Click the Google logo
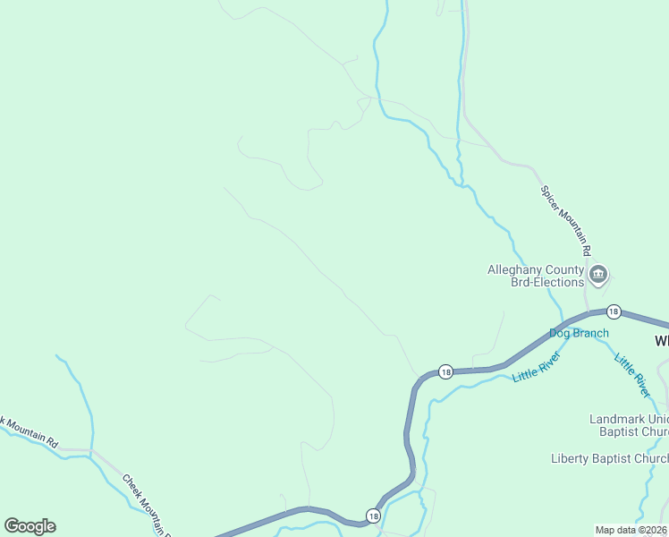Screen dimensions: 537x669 coord(30,526)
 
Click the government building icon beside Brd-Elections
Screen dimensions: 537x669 coord(598,274)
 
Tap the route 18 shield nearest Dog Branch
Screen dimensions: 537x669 coord(613,311)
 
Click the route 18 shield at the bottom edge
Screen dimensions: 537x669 coord(373,516)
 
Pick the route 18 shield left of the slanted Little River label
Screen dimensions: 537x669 coord(445,371)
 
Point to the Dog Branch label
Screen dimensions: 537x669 coord(579,333)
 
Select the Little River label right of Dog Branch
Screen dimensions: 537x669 coord(631,375)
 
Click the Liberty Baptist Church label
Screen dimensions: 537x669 coord(609,459)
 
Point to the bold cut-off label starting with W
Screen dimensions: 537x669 coord(661,341)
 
